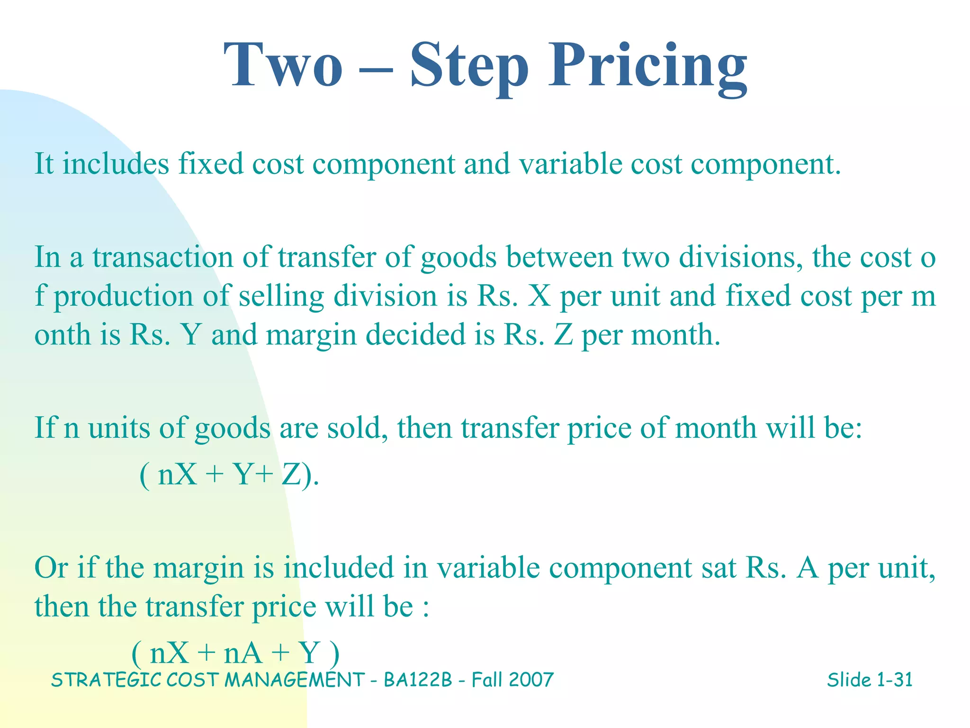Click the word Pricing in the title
coord(647,66)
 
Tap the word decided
coord(415,334)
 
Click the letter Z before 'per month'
coord(563,334)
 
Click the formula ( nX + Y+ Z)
coord(229,474)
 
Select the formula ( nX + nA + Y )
coord(235,653)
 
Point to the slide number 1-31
coord(894,680)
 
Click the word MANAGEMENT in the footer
coord(294,680)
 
